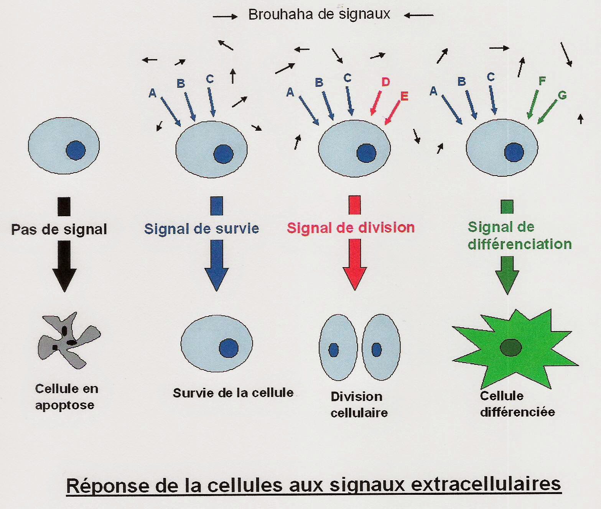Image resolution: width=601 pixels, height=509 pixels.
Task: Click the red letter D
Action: tap(385, 82)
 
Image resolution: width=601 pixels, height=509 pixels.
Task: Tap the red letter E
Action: tap(404, 96)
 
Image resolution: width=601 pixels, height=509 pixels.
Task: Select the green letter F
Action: tap(542, 81)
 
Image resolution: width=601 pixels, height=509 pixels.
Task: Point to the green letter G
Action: tap(562, 95)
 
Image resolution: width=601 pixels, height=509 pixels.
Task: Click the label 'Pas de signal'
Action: tap(59, 229)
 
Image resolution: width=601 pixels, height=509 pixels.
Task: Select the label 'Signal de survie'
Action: tap(201, 228)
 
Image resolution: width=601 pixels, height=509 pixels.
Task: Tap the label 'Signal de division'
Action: tap(351, 227)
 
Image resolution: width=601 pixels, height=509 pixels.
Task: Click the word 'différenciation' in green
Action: tap(520, 244)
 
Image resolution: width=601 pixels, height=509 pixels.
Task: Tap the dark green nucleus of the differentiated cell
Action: tap(511, 347)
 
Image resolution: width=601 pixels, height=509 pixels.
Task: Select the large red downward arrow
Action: tap(355, 264)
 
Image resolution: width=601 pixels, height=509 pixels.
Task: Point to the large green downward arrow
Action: tap(507, 274)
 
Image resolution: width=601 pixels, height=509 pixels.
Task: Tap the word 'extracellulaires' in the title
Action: tap(486, 484)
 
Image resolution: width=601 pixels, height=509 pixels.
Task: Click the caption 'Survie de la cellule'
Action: tap(233, 393)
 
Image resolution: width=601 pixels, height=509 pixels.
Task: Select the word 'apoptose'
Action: tap(64, 405)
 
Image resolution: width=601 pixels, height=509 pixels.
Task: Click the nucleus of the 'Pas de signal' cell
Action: tap(76, 150)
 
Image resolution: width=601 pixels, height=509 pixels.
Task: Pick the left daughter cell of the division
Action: tap(338, 347)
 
